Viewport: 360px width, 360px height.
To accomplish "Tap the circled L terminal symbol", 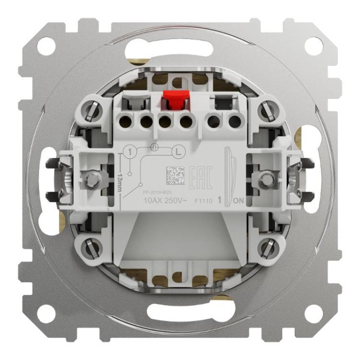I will tap(178, 152).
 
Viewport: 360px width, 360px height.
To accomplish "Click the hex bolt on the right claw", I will tap(266, 179).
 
